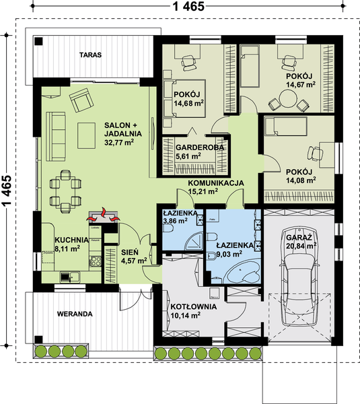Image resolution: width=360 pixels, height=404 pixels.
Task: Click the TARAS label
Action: [x=90, y=55]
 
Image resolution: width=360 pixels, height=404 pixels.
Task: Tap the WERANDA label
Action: [x=75, y=314]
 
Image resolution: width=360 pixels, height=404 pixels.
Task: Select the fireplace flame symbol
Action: [x=103, y=216]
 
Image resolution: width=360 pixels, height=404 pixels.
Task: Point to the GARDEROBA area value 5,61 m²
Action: [x=188, y=156]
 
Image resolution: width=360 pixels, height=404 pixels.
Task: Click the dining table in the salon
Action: [x=65, y=191]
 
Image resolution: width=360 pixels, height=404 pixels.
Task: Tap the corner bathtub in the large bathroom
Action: [x=244, y=271]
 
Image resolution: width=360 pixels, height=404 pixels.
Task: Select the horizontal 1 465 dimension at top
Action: [x=188, y=6]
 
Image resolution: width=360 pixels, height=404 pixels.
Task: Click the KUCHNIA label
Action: [x=71, y=240]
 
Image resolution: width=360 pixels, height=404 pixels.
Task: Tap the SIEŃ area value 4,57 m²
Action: [x=134, y=261]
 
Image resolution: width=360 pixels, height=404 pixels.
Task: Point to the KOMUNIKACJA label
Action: [x=216, y=183]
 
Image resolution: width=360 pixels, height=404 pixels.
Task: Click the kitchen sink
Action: [x=70, y=277]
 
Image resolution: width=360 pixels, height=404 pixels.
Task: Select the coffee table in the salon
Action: [x=87, y=135]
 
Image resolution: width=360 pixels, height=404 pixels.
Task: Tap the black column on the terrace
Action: [x=39, y=41]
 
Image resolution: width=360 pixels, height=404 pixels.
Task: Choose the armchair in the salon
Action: [x=81, y=100]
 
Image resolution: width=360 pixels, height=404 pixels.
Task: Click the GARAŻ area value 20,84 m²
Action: [x=301, y=246]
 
